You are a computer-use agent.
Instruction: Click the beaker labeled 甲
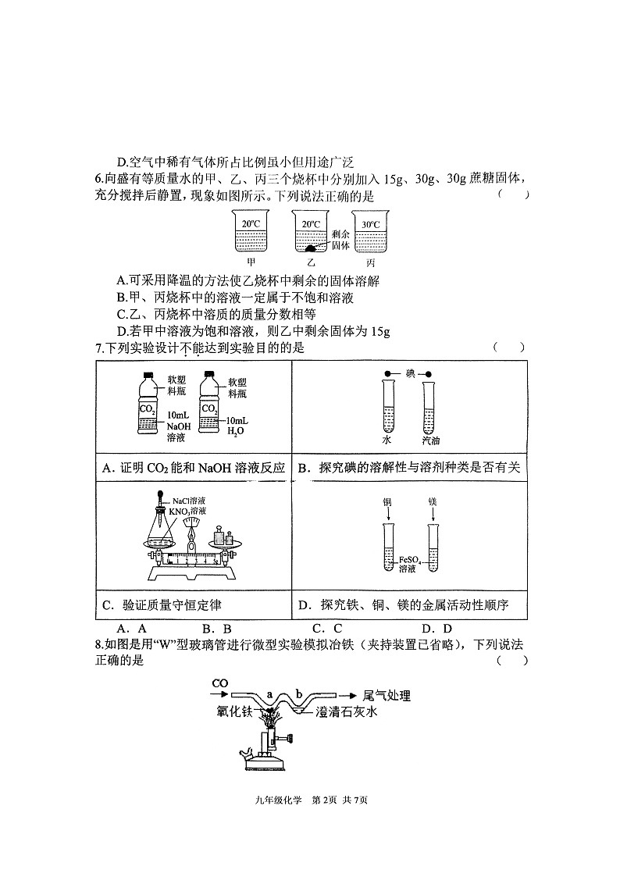click(x=251, y=231)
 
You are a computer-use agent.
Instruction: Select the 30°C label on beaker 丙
click(x=370, y=224)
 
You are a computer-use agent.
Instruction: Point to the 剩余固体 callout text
click(x=340, y=240)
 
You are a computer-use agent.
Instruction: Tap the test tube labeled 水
click(x=389, y=406)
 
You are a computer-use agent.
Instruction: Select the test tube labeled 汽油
click(x=428, y=408)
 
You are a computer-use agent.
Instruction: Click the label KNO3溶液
click(x=188, y=511)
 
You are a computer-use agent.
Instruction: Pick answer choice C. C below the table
click(x=328, y=629)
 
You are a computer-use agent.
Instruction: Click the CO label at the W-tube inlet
click(x=220, y=683)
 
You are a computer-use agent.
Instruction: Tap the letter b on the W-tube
click(x=299, y=695)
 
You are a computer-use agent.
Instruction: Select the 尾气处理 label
click(x=387, y=696)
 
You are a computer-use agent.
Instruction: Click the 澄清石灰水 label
click(x=346, y=711)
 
